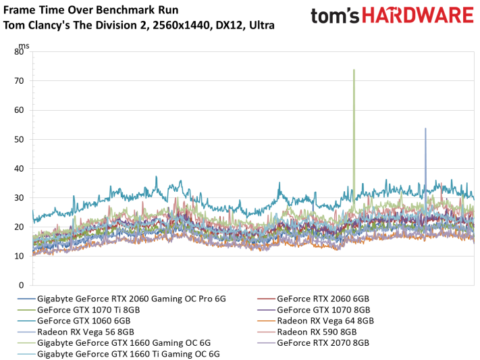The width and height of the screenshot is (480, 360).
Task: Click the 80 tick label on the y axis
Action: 19,52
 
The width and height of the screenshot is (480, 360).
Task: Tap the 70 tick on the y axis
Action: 19,81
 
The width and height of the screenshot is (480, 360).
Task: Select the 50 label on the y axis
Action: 19,139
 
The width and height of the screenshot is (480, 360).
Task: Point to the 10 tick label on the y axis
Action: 19,256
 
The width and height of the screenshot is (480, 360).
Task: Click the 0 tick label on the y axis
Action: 21,285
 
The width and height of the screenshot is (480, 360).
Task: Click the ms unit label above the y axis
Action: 24,46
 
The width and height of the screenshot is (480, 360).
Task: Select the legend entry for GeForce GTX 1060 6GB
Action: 74,321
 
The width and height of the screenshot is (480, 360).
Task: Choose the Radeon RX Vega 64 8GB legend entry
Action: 316,321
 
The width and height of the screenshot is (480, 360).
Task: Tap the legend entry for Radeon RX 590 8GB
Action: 307,332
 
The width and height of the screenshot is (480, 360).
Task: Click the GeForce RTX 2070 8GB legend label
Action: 313,343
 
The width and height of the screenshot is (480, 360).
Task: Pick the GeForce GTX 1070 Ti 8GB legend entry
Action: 79,310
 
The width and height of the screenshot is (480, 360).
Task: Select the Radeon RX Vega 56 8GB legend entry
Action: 76,332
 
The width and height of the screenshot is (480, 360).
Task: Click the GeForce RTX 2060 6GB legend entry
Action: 313,299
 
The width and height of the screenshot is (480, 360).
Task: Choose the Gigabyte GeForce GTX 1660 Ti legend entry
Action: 119,354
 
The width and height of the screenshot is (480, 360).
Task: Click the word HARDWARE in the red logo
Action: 418,16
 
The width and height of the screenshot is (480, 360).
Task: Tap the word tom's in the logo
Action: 335,16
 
